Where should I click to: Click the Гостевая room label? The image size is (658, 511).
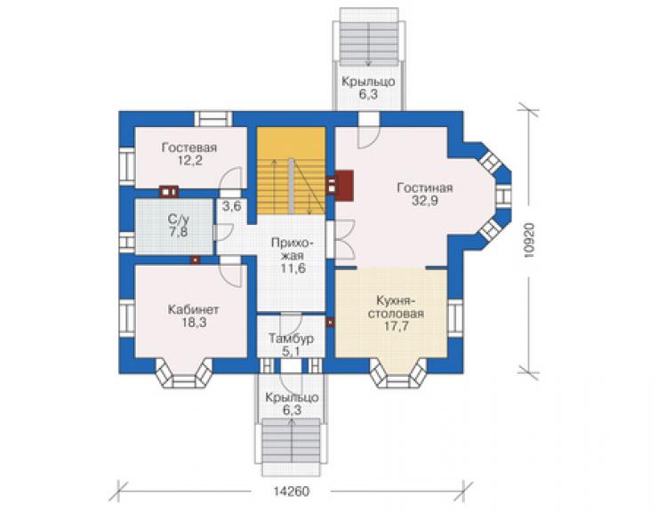[x=189, y=148]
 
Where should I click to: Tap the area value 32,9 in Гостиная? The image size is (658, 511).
[x=425, y=201]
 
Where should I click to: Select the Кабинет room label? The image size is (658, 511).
[x=193, y=310]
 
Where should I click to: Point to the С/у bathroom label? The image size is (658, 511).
[x=179, y=219]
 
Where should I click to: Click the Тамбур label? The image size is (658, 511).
[x=291, y=339]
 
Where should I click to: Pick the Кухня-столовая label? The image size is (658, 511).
[x=396, y=307]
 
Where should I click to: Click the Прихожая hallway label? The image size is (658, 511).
[x=293, y=249]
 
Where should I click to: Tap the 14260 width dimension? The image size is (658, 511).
[x=291, y=491]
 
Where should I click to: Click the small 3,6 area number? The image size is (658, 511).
[x=231, y=206]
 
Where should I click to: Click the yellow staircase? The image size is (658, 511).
[x=291, y=171]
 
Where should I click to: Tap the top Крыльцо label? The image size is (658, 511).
[x=368, y=82]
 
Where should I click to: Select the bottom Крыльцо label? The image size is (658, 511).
[x=292, y=397]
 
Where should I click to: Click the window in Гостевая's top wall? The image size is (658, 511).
[x=213, y=119]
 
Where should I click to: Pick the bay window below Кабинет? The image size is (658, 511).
[x=184, y=374]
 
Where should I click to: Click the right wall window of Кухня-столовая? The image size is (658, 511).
[x=455, y=317]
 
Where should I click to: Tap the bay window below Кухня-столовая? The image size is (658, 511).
[x=398, y=374]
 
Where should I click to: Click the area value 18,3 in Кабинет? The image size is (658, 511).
[x=194, y=323]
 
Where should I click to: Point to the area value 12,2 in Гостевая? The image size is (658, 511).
[x=189, y=160]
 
